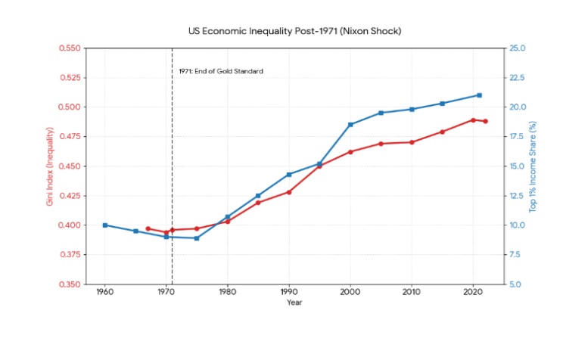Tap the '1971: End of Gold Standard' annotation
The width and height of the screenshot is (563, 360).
221,71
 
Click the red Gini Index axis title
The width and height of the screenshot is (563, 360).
50,166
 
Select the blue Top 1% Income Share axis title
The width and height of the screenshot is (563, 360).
533,166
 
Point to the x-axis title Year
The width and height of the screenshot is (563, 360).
295,303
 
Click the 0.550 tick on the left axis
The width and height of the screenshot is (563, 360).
69,48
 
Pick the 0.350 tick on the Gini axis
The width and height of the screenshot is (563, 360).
69,284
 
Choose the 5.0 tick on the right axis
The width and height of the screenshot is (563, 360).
516,284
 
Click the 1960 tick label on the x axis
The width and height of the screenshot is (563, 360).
105,291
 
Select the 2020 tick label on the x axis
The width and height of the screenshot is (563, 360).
473,291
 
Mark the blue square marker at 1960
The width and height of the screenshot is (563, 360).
105,225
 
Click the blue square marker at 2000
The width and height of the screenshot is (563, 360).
350,124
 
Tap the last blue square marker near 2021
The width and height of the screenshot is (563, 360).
479,95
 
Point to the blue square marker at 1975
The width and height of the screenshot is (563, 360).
197,238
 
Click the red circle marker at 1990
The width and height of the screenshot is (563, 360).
289,192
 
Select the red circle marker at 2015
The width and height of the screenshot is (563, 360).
442,132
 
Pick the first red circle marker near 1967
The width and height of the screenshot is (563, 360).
148,228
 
